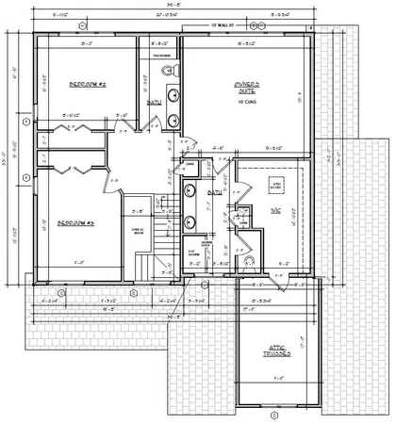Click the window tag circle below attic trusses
274,412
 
